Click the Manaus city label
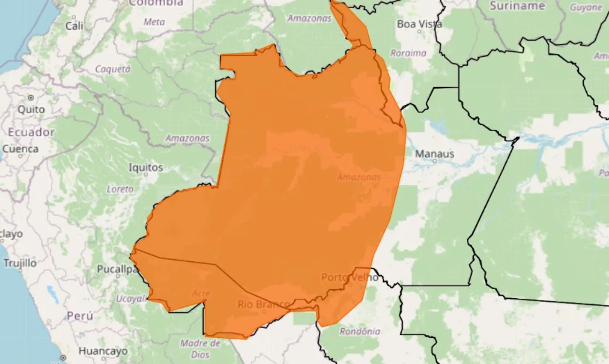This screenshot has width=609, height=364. click(x=434, y=154)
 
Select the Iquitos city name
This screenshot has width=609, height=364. click(x=146, y=167)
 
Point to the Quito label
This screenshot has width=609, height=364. click(x=31, y=109)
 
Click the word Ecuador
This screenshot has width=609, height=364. click(x=31, y=132)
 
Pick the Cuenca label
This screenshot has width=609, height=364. click(x=20, y=149)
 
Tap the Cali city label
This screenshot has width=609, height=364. click(x=74, y=26)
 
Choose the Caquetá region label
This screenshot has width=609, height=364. click(x=113, y=69)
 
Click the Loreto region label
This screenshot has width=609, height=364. click(x=120, y=189)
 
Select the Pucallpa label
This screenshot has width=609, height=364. click(x=118, y=269)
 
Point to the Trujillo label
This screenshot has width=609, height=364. click(x=20, y=263)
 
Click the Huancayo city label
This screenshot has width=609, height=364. click(x=103, y=351)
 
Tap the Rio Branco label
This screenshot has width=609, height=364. click(x=264, y=304)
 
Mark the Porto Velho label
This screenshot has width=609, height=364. click(x=350, y=277)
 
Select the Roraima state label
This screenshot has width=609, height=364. click(x=408, y=53)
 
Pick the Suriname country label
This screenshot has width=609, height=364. click(x=517, y=6)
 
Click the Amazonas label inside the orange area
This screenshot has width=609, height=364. click(x=359, y=177)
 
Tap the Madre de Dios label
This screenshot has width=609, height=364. click(x=200, y=349)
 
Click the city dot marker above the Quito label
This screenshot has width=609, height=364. click(x=31, y=97)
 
